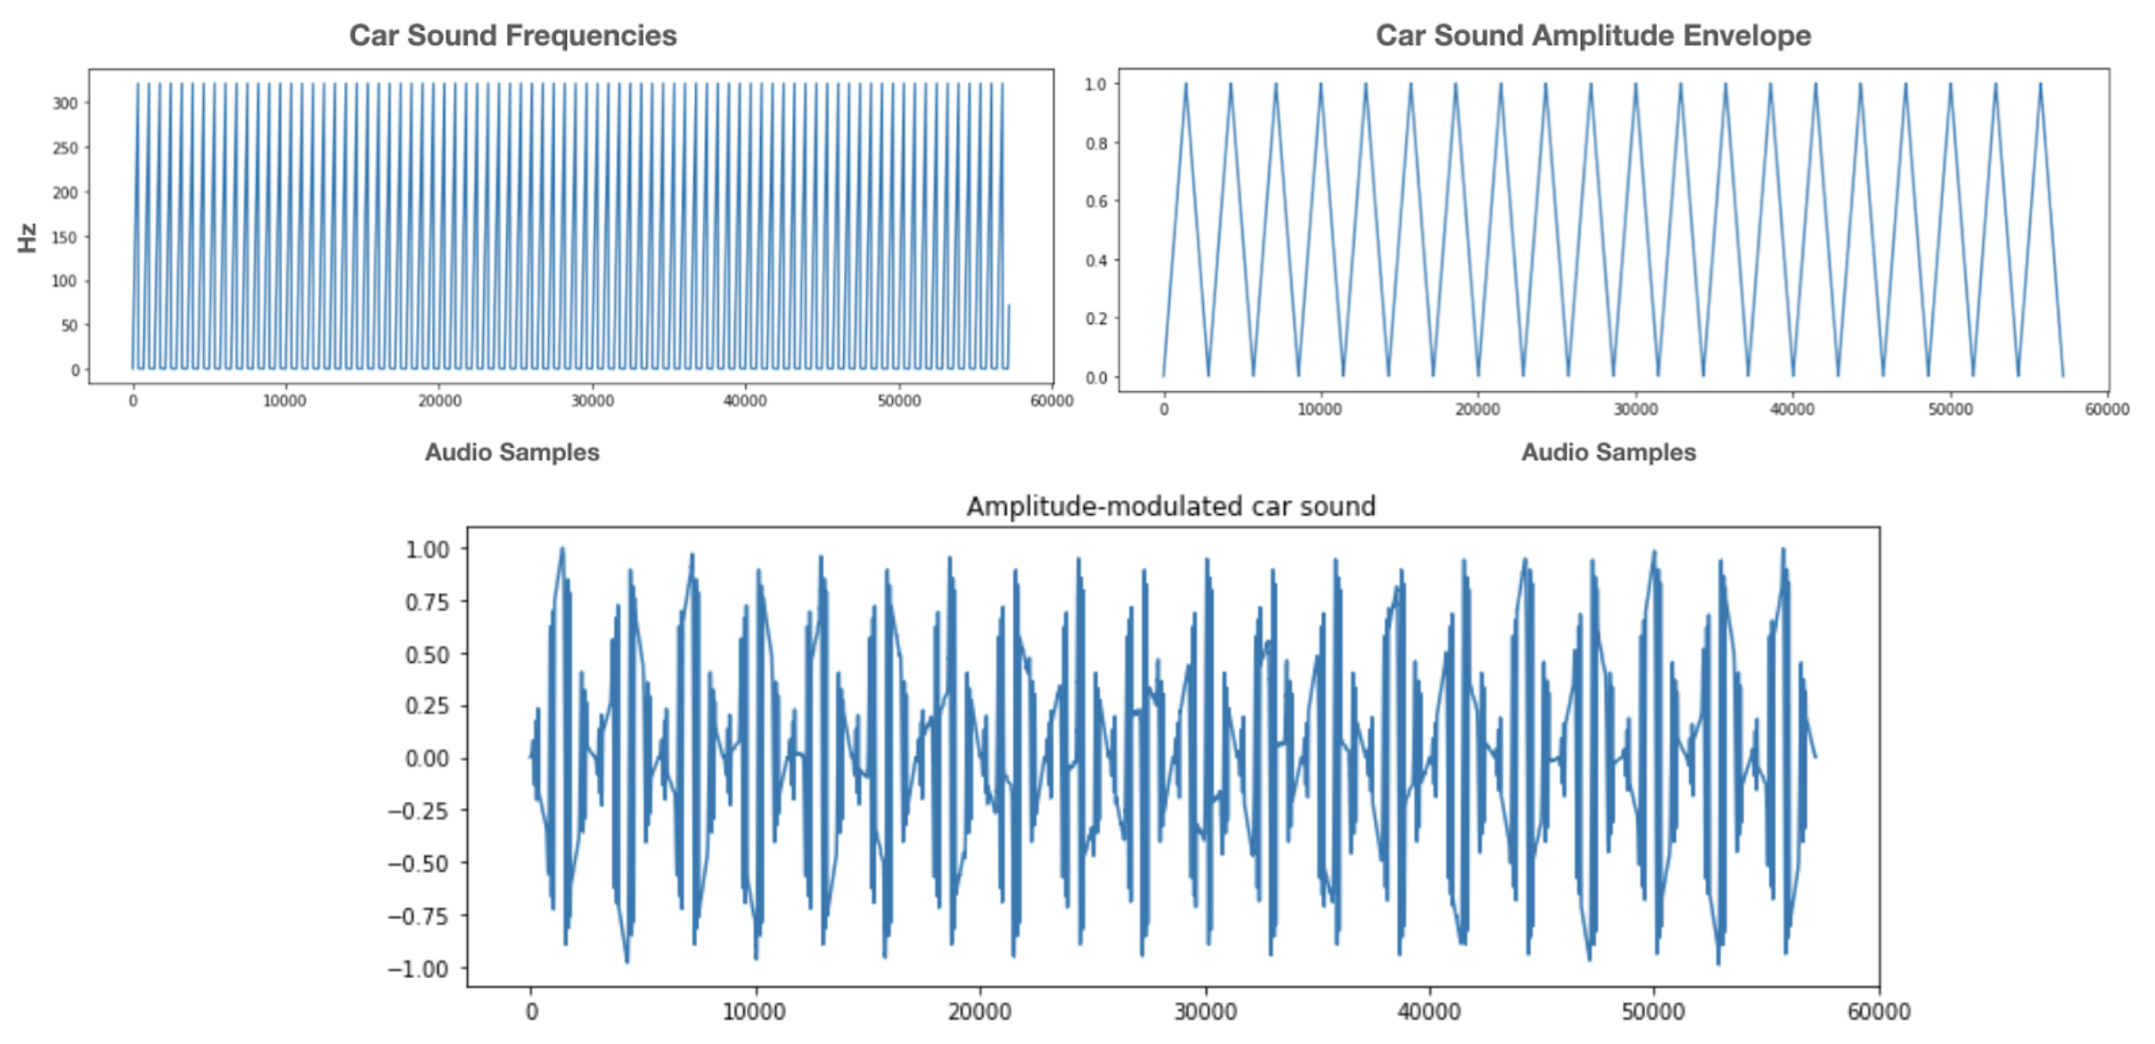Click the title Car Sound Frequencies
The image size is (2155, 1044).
[512, 36]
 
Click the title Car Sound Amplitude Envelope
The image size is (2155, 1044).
[1593, 36]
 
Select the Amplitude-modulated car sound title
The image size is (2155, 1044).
[1170, 506]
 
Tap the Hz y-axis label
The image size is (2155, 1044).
[28, 238]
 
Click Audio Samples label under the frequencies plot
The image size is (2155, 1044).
[512, 453]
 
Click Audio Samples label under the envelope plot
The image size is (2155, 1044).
[1608, 453]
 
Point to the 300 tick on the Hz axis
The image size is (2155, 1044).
[65, 103]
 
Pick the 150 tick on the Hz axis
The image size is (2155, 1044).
[65, 237]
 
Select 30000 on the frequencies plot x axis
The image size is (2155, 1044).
[593, 401]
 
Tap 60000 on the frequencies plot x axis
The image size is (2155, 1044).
[1052, 401]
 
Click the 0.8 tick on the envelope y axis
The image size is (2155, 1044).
[1095, 143]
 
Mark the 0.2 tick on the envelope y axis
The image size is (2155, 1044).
[1095, 319]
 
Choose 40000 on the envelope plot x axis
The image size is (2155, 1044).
[1792, 410]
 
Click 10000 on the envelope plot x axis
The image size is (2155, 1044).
[1320, 410]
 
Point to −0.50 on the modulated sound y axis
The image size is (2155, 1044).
[418, 863]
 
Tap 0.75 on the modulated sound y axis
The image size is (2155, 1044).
[427, 602]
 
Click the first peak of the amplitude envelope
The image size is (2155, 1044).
[1186, 85]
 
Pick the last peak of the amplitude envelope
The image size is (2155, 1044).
[2040, 85]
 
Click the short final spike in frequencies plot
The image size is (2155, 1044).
[1009, 307]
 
